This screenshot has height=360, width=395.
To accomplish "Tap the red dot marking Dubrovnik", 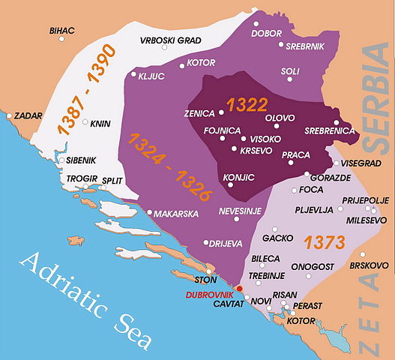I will pyautogui.click(x=238, y=288).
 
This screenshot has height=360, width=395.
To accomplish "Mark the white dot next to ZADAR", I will pyautogui.click(x=9, y=116).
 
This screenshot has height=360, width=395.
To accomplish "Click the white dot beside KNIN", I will pyautogui.click(x=85, y=122).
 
